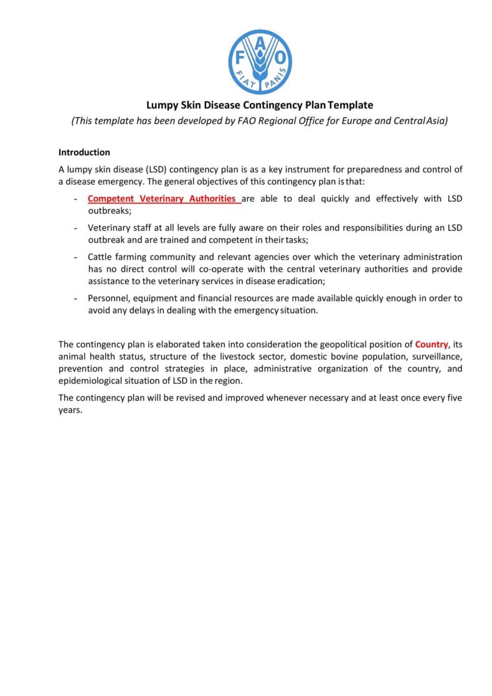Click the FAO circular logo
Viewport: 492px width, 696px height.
click(x=260, y=62)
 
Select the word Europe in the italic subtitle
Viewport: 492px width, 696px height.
click(x=352, y=121)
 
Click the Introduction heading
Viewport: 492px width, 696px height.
click(x=84, y=152)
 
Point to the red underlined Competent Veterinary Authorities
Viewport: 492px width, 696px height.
click(x=164, y=199)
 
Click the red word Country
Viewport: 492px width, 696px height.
click(x=431, y=344)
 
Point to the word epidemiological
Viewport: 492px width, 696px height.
click(x=92, y=381)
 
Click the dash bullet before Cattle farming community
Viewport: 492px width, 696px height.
click(x=75, y=257)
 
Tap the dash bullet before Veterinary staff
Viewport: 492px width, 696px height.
click(x=75, y=227)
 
